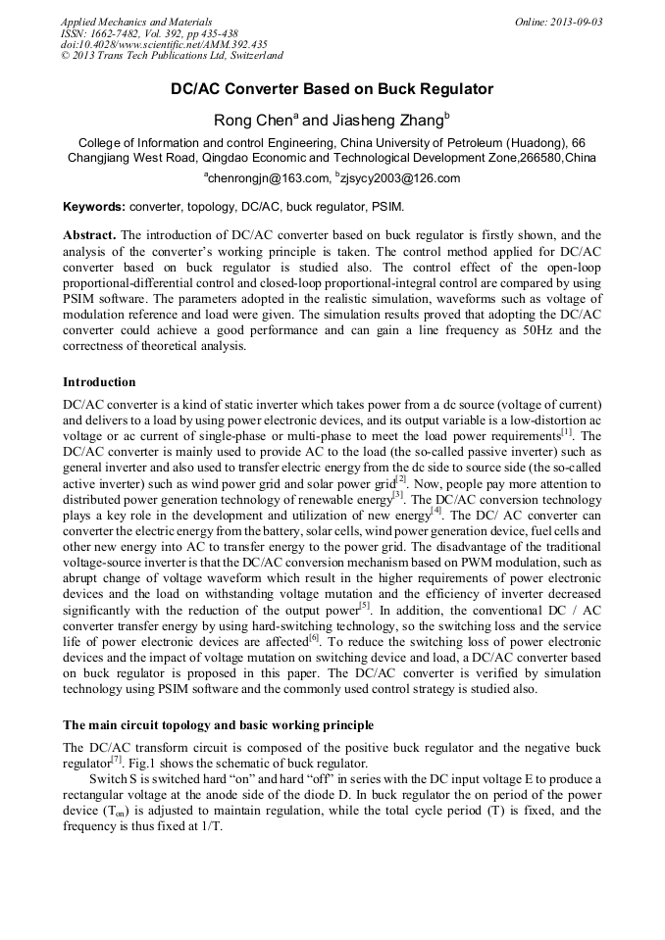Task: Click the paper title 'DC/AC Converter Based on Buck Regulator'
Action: (x=332, y=89)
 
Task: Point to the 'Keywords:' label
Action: (x=94, y=208)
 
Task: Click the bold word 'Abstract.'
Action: (x=89, y=236)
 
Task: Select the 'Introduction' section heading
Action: (x=99, y=381)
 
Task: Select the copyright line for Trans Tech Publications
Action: (x=172, y=56)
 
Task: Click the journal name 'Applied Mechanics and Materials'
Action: (x=135, y=22)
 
